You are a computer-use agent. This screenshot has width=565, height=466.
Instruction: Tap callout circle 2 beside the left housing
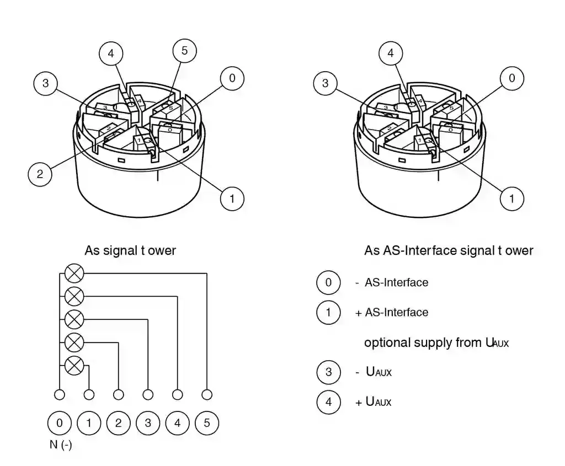(40, 174)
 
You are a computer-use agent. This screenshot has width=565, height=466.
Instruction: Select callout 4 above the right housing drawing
(391, 53)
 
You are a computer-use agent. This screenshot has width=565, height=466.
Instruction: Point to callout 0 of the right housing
(512, 78)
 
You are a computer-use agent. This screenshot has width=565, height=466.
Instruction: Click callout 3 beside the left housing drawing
(45, 83)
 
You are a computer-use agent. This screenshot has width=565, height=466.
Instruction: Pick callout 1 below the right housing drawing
(512, 199)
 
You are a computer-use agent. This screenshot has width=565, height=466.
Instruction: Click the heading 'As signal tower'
(130, 250)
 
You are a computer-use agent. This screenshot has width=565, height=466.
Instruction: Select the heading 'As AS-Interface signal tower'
(449, 250)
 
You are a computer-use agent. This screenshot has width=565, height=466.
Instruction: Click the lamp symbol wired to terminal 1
(74, 365)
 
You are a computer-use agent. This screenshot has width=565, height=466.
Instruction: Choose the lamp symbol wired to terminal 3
(74, 319)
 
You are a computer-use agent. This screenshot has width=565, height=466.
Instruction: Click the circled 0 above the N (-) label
(60, 424)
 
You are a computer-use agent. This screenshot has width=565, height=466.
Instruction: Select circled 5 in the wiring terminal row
(207, 424)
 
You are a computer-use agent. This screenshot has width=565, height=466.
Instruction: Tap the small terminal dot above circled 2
(119, 395)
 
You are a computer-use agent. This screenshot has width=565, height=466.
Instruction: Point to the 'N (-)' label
(61, 445)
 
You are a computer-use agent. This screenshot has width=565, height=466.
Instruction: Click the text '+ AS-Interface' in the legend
(392, 313)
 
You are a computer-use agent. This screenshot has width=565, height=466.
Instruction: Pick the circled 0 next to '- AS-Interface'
(328, 283)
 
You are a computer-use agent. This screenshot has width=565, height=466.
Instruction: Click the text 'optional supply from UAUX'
(436, 342)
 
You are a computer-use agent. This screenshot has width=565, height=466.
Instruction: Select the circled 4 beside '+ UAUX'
(328, 401)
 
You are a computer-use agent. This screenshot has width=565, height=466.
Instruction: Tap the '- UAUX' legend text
(374, 372)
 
